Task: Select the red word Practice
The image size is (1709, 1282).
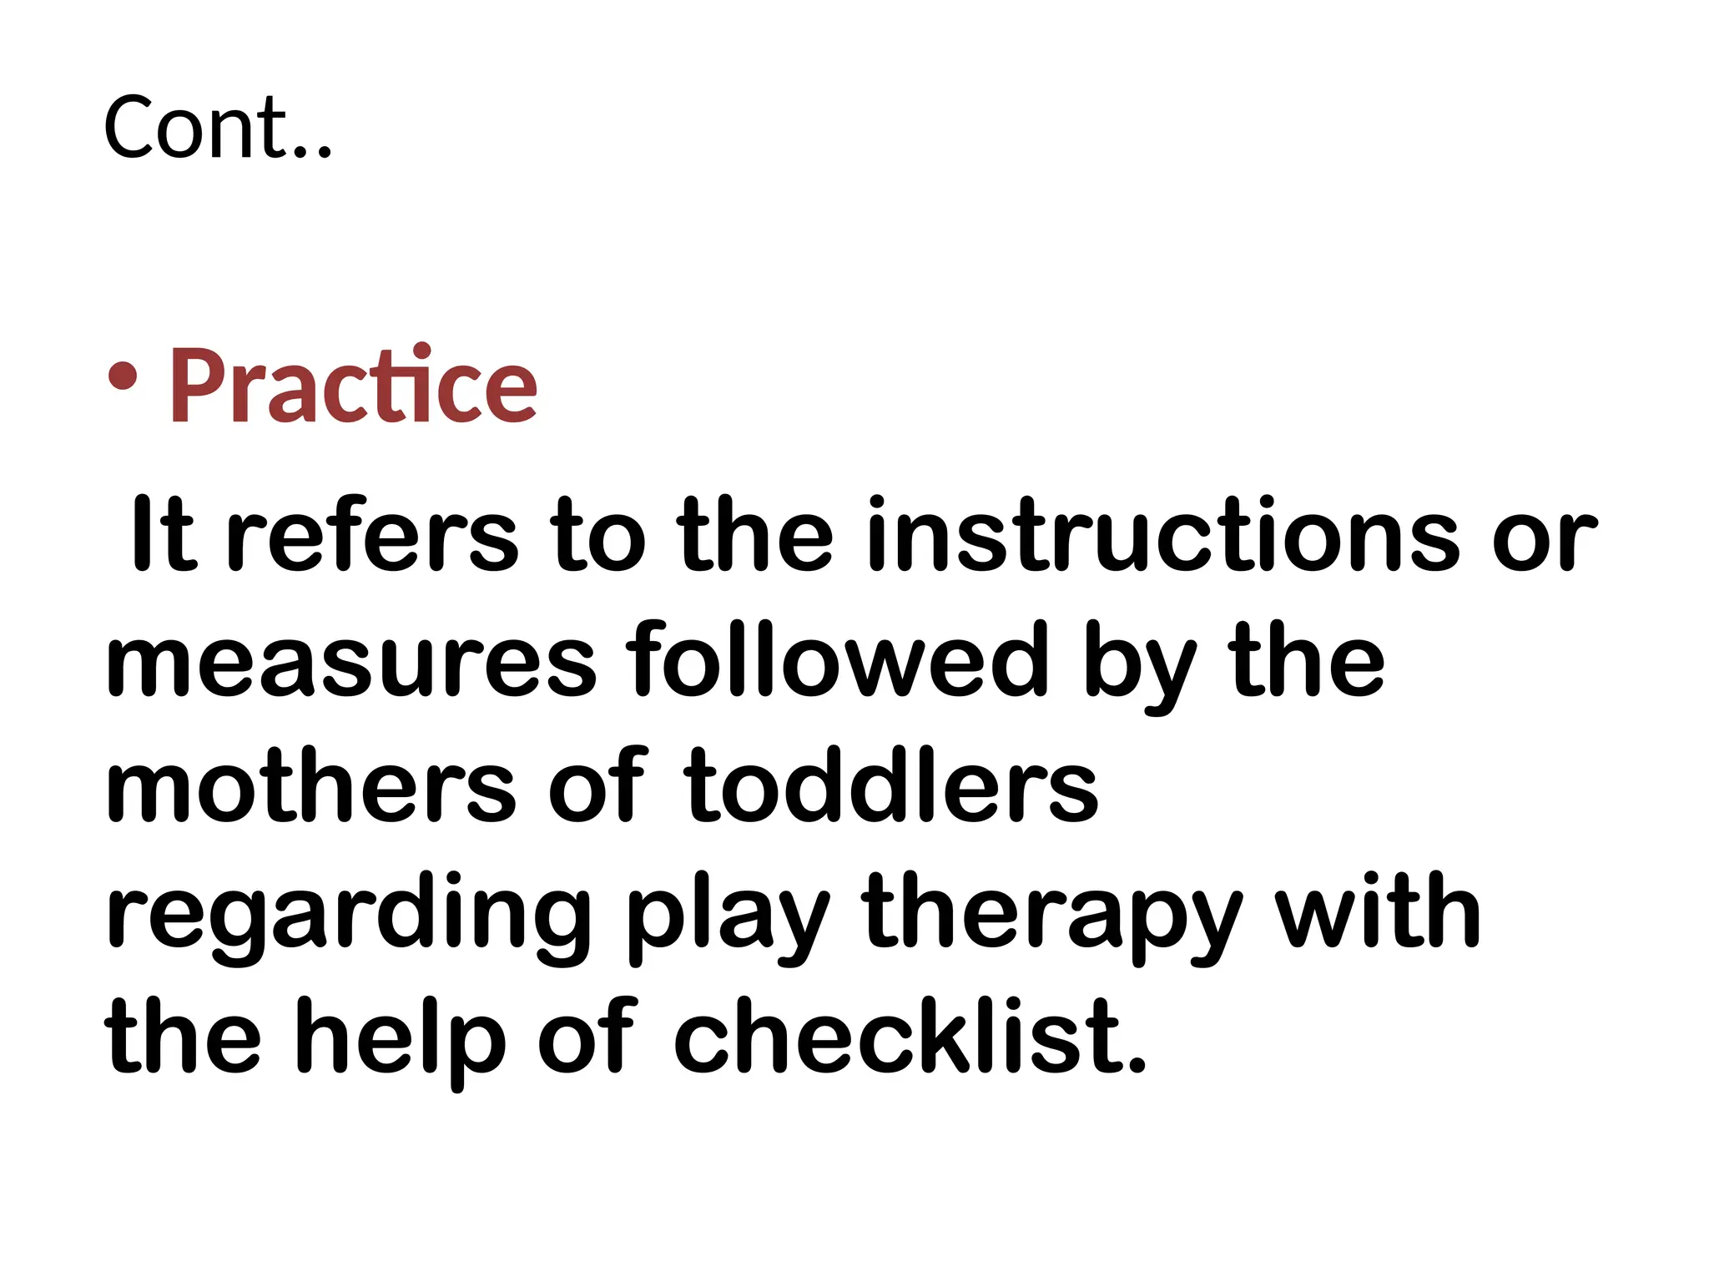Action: tap(353, 385)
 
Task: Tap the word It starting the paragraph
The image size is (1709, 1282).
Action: tap(163, 534)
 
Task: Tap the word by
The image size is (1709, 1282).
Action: tap(1140, 668)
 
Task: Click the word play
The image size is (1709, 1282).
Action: tap(727, 918)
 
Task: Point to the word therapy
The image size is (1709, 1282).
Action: tap(1052, 918)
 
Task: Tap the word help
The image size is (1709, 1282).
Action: tap(400, 1039)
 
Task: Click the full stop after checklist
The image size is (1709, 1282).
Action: tap(1136, 1064)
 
